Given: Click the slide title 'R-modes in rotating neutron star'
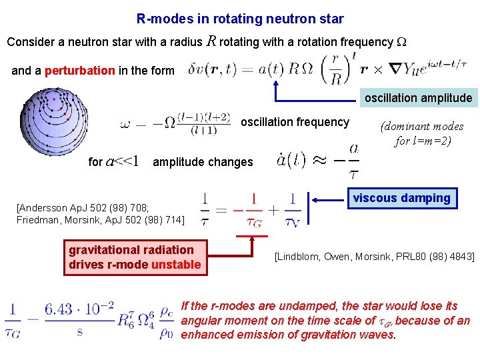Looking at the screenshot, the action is pos(240,19).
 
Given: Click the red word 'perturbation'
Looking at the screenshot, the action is pos(79,71).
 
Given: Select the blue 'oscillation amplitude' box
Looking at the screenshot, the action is pos(418,98).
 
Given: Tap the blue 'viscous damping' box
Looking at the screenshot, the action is pos(401,198).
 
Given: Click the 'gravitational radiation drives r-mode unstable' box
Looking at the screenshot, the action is pos(135,257).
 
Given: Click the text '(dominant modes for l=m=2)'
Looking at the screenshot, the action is pos(421,133).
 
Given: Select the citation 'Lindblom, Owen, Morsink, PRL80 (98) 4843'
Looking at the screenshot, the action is pos(374,257).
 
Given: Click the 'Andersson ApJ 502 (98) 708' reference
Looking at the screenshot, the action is pos(87,207).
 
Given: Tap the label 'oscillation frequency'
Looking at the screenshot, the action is pos(295,122).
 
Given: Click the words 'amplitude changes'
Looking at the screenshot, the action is pos(203,162).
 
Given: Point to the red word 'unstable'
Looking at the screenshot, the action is pos(176,265).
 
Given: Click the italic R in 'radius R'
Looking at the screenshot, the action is pos(211,41).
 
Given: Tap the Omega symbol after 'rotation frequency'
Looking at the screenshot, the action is pos(401,41).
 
